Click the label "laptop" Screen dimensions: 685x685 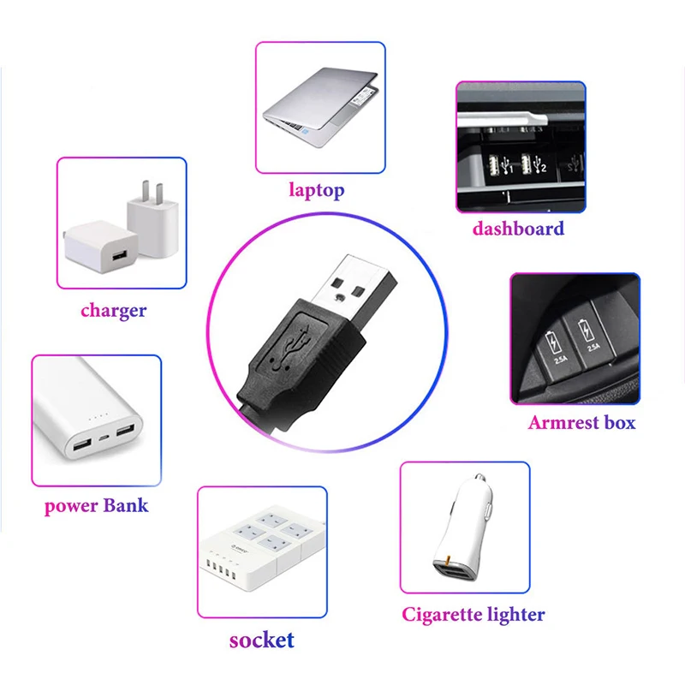point(316,189)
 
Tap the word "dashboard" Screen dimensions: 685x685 point(518,229)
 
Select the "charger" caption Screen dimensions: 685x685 point(113,310)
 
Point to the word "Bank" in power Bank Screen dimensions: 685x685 point(125,505)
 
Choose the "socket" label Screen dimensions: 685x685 point(261,639)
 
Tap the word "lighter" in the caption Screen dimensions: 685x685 point(514,614)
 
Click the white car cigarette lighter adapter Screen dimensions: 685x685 point(463,531)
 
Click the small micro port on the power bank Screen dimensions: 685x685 point(104,438)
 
